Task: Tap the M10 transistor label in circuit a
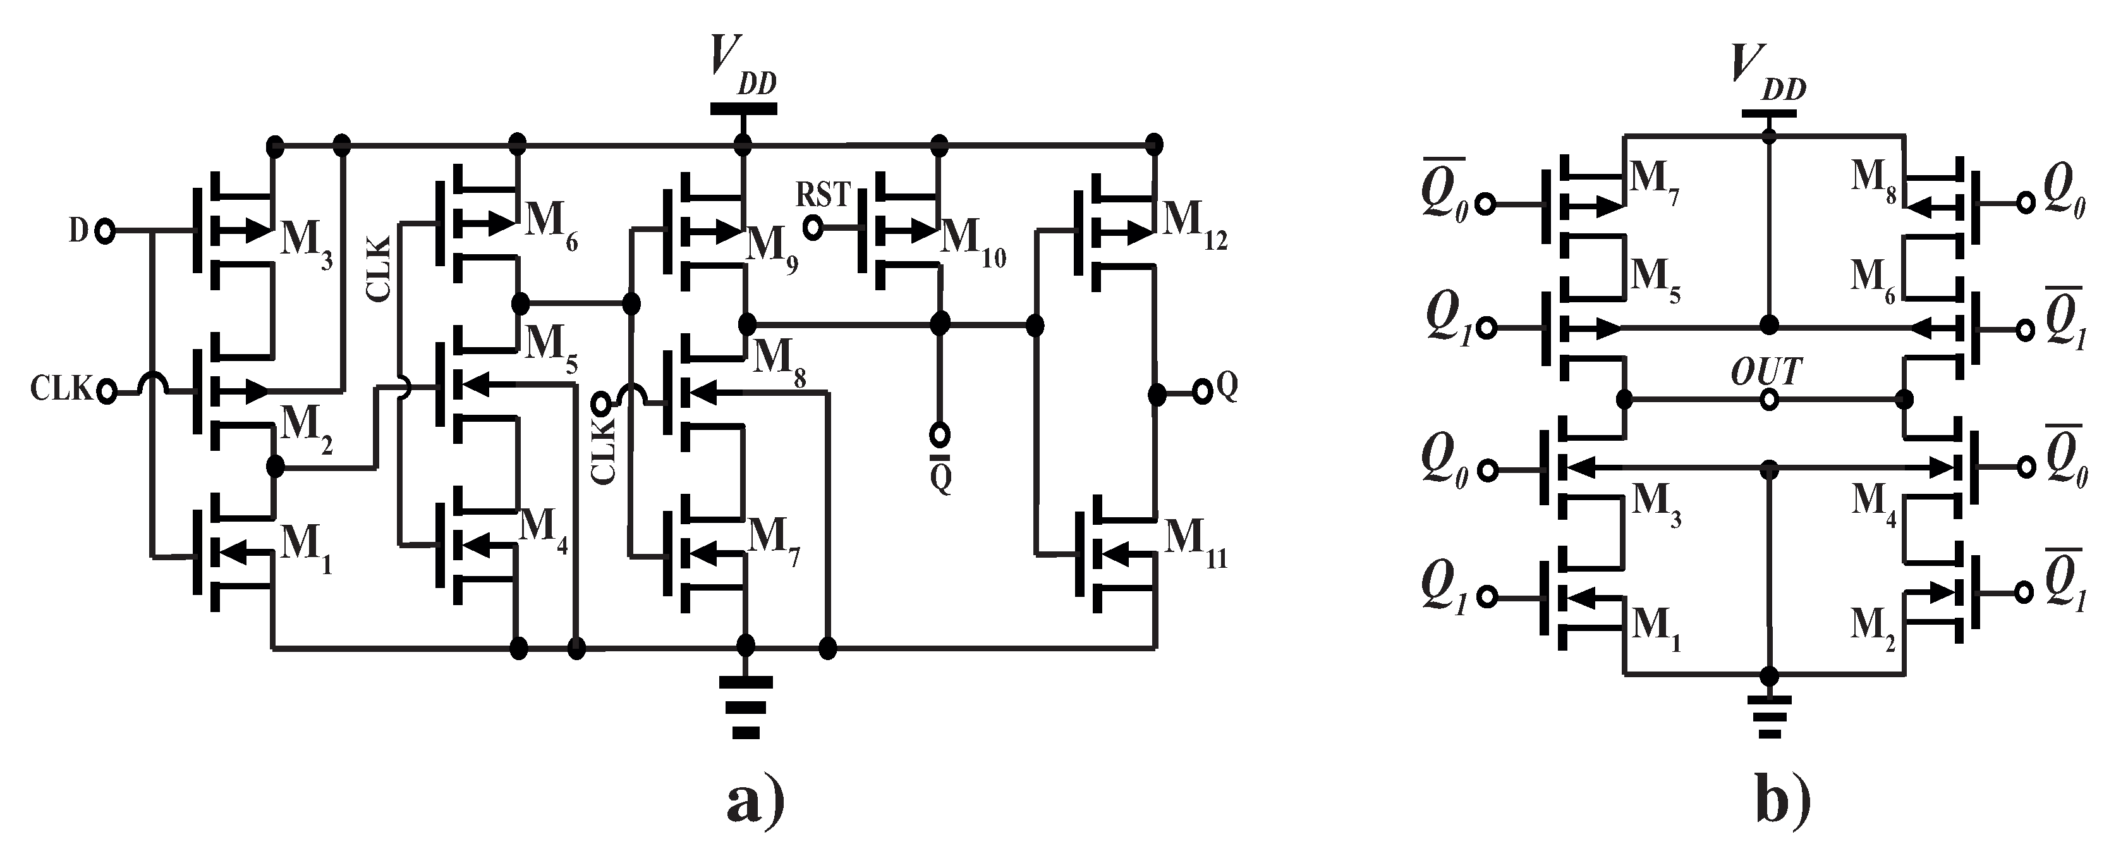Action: point(973,243)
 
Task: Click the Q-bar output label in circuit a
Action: point(940,474)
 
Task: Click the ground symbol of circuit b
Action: point(1768,715)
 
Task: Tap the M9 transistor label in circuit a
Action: point(772,248)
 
